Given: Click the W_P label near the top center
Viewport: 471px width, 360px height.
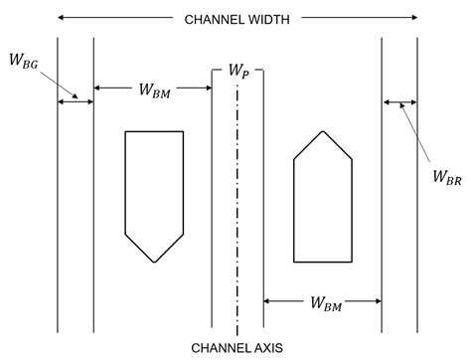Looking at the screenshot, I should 238,72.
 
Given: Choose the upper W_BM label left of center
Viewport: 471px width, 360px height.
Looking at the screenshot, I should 154,91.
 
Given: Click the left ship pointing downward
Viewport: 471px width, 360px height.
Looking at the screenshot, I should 154,189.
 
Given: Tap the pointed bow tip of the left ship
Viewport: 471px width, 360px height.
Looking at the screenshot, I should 154,263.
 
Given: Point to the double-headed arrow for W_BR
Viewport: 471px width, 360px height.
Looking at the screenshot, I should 400,101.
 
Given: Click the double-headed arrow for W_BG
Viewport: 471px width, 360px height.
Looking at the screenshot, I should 76,100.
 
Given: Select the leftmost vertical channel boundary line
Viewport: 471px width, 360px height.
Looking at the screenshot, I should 59,199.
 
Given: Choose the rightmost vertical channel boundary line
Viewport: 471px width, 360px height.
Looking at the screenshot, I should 417,199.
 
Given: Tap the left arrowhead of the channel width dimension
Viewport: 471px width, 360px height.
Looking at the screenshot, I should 62,18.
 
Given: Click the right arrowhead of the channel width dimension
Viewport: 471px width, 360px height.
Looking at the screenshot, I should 413,18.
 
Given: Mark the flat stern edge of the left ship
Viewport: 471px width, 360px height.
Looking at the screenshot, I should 154,131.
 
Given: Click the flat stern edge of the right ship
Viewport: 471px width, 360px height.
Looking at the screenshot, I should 323,263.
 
